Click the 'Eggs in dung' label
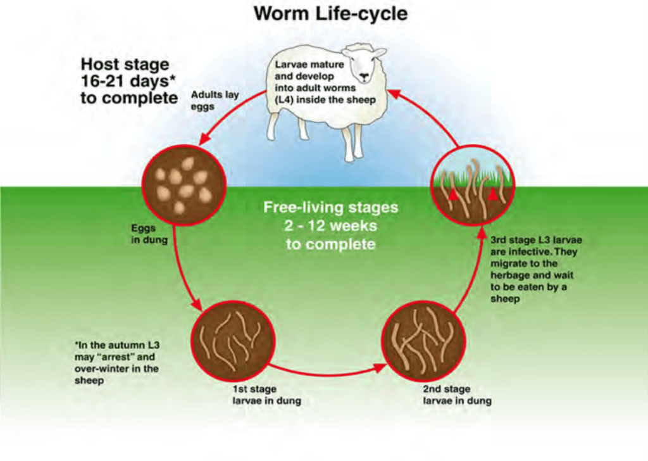149,234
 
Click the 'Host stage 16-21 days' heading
129,81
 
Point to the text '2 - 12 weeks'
330,225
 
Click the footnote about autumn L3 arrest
116,363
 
